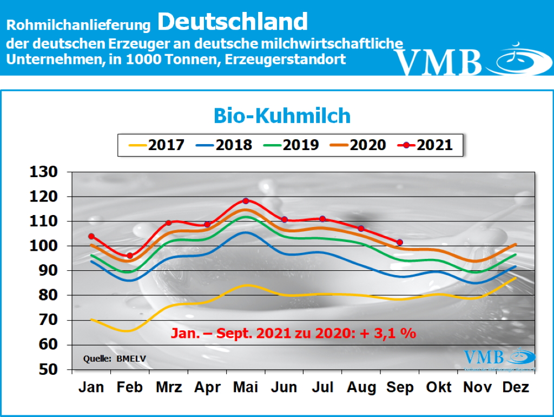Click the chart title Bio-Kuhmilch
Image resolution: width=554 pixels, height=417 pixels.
282,115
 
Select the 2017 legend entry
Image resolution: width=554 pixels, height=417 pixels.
157,145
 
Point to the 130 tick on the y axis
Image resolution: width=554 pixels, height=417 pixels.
46,172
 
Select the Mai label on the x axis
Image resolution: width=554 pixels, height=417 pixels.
246,388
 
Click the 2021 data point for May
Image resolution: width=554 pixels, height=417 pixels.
246,201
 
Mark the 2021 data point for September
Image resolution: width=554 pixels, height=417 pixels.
399,242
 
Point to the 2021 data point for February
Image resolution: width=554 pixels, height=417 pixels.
130,256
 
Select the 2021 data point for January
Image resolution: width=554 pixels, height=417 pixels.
91,236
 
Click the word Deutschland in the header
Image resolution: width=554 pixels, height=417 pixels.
233,22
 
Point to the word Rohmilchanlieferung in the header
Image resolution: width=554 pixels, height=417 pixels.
78,25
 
